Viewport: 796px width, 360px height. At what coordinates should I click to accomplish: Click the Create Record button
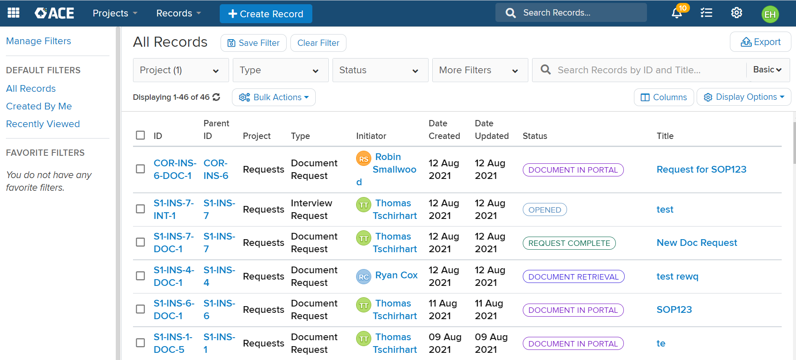(266, 14)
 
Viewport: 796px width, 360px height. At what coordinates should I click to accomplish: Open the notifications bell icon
(676, 13)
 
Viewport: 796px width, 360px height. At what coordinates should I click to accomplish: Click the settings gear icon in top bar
(736, 13)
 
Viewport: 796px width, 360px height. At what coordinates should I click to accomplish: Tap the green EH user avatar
(770, 14)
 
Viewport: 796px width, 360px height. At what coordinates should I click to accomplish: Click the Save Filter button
(253, 43)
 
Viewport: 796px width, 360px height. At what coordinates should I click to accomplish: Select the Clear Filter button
(318, 43)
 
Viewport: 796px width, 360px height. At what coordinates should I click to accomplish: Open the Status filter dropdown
(380, 70)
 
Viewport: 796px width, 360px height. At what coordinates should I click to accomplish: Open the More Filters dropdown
(479, 70)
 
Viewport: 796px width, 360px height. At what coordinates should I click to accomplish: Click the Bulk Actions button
(274, 97)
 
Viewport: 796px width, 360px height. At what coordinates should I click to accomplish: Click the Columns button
(663, 97)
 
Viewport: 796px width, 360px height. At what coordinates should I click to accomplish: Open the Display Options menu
(743, 97)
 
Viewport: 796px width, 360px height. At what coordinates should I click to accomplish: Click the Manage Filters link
(38, 41)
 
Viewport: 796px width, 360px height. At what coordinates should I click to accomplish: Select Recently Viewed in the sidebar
(43, 124)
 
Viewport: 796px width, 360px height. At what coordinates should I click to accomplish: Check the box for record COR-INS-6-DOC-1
(141, 169)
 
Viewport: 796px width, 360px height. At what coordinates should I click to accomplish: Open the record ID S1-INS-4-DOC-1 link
(173, 276)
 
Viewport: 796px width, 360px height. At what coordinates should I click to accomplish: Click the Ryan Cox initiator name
(396, 275)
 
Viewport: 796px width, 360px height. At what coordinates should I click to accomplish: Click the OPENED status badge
(544, 210)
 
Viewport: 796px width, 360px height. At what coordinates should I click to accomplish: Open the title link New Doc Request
(697, 243)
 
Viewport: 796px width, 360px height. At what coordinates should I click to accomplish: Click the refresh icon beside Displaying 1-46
(216, 97)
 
